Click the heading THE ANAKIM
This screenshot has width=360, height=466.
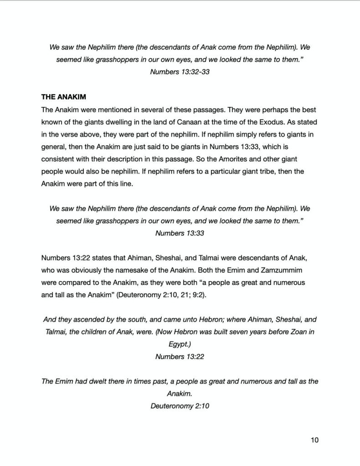63,97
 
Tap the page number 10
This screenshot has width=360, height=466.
314,440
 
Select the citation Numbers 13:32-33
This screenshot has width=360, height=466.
180,72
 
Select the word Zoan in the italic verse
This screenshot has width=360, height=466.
298,332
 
